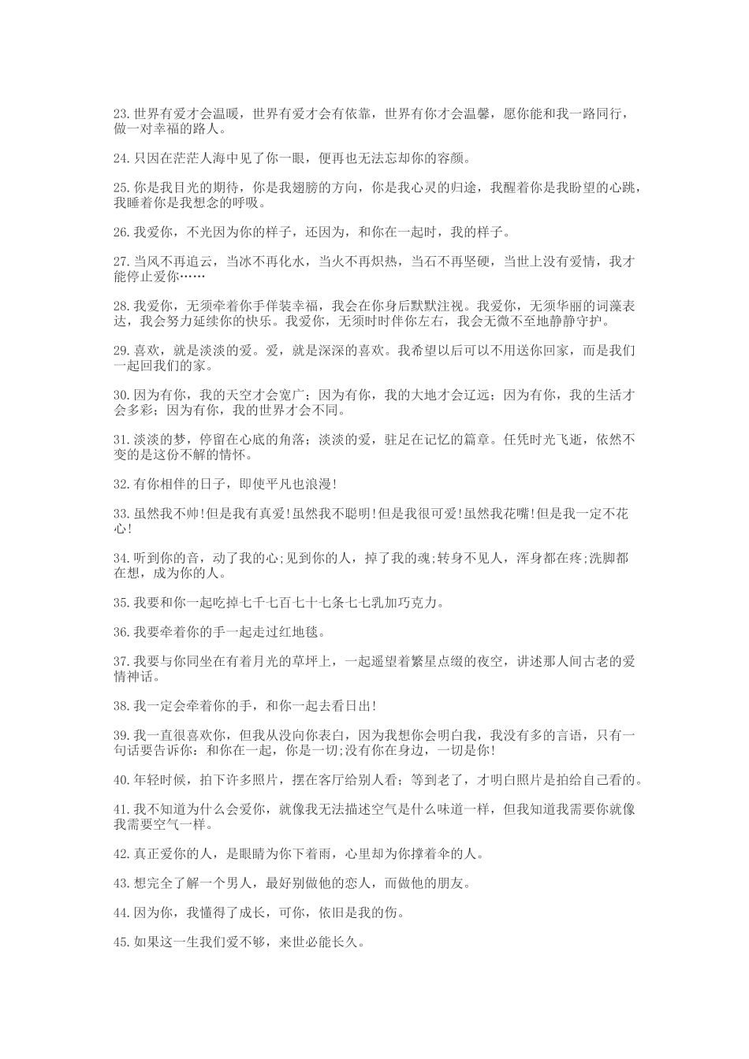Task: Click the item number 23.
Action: coord(121,113)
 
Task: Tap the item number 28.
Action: coord(121,306)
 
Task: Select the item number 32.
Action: coord(121,484)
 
